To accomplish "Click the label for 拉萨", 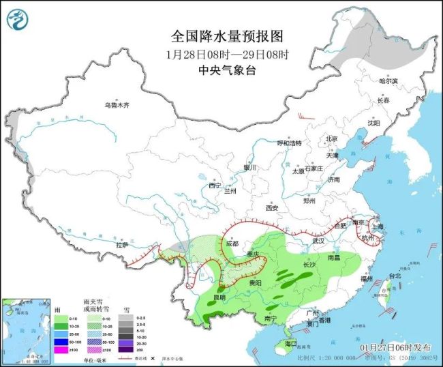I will point(122,244).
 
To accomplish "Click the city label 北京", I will point(331,138).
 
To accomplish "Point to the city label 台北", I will point(395,276).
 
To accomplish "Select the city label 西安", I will point(273,207).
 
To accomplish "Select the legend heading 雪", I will point(125,309).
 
